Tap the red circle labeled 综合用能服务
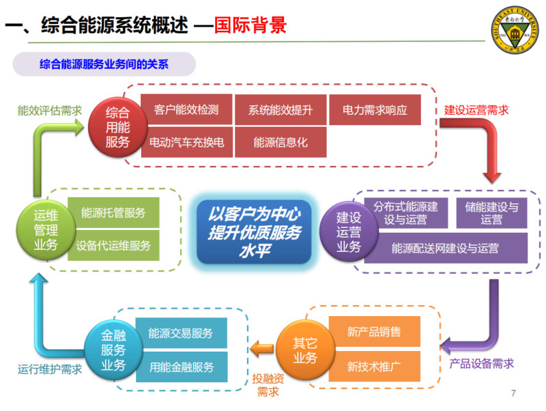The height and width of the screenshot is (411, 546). click(117, 125)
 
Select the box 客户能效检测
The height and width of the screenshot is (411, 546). click(186, 109)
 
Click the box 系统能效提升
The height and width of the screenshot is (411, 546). click(280, 109)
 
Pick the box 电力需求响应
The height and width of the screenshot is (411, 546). click(375, 109)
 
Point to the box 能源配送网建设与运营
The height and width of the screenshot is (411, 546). click(445, 248)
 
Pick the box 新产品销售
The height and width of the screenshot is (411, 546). click(374, 332)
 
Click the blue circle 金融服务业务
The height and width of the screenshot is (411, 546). click(113, 350)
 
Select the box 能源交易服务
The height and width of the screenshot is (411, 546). click(181, 333)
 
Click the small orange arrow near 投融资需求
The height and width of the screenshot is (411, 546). click(261, 350)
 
